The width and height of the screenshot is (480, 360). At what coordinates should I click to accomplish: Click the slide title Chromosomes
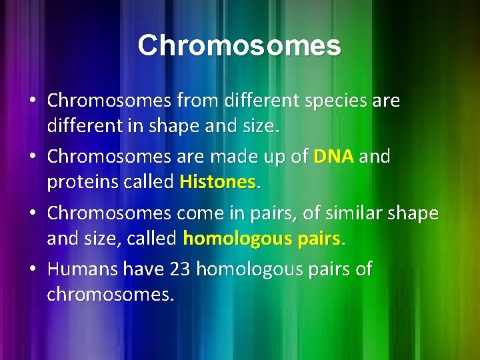point(239,46)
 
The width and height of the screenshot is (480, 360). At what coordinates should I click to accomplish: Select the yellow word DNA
point(333,157)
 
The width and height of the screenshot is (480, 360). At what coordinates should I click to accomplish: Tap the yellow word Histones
point(217,181)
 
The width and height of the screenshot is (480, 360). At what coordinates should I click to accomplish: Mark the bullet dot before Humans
point(32,270)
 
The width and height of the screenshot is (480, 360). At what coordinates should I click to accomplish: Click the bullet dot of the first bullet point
point(32,101)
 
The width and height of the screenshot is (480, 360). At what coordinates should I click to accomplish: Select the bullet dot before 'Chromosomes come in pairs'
point(32,214)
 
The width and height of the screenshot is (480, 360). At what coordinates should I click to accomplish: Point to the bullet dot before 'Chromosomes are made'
point(32,157)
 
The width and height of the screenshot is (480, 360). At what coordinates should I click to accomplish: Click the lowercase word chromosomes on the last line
point(109,294)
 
